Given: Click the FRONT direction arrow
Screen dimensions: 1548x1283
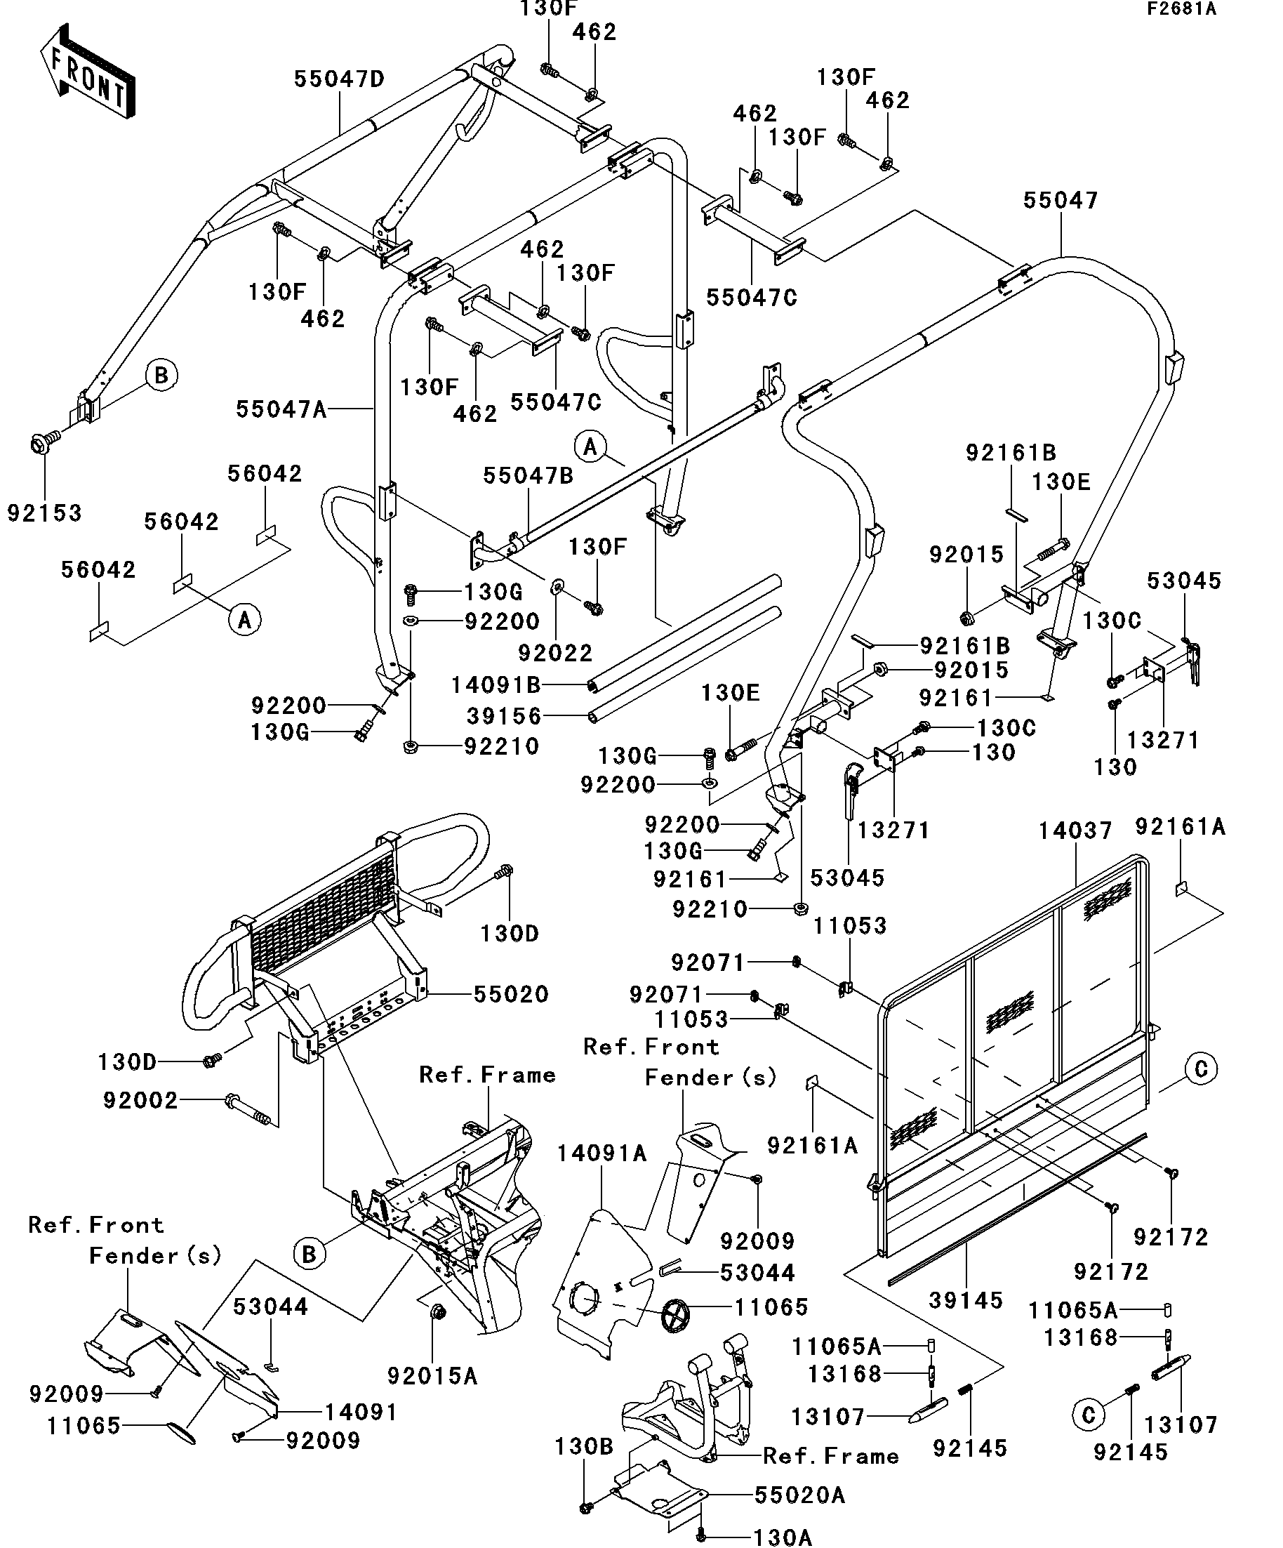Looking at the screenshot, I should point(87,72).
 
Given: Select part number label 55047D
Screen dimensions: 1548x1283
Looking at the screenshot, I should point(339,79).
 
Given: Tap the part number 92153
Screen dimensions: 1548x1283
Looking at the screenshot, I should point(44,513).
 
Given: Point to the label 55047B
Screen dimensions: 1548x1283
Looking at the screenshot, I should point(528,476).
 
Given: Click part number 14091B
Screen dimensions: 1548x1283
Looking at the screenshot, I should point(496,685).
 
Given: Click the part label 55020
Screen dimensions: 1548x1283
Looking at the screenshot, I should point(511,994).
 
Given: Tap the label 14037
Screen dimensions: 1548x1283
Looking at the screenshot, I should point(1075,831).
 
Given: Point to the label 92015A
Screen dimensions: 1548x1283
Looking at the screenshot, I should point(432,1375).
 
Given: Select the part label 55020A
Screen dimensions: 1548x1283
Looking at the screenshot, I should point(799,1495).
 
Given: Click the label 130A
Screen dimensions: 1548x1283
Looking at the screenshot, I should point(783,1537).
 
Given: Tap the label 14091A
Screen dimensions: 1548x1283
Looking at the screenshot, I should point(601,1153).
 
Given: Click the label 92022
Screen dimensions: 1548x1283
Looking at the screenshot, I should point(555,652).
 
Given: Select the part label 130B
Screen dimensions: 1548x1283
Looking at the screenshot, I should point(584,1446).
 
